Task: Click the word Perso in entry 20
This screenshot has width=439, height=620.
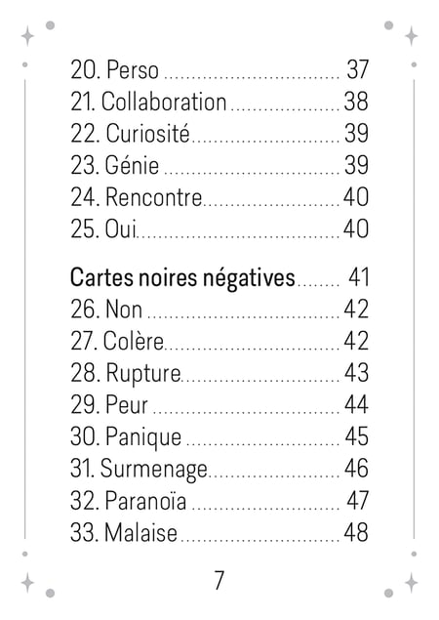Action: pos(133,69)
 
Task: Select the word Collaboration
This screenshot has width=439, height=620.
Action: pos(164,102)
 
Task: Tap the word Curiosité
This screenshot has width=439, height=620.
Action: pos(147,133)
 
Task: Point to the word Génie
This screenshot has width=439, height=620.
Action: pos(132,165)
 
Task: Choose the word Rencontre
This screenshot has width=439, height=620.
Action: pos(154,197)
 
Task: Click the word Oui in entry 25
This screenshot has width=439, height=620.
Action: pos(121,228)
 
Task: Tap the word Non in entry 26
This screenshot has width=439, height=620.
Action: pos(124,310)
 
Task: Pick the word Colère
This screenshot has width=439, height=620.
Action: pos(133,341)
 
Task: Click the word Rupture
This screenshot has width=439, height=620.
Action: pos(143,374)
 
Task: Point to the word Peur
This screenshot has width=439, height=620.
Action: pos(127,405)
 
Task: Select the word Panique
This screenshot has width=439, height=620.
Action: pos(143,437)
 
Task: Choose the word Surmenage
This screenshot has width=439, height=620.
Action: pos(154,470)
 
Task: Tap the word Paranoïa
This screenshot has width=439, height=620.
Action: pos(145,501)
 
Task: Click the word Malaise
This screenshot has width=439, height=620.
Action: pos(140,532)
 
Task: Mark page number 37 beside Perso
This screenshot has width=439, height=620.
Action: pos(358,69)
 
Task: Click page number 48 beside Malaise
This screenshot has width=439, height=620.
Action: pos(356,532)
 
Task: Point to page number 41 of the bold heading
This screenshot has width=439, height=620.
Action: pos(358,277)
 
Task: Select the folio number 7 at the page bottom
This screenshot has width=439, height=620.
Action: pos(219,580)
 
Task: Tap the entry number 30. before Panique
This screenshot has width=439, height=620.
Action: pos(85,436)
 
